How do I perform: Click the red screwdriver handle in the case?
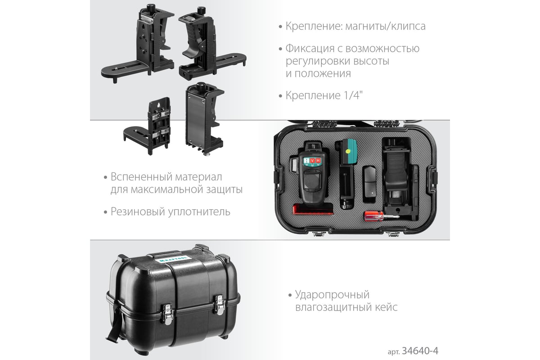(373, 216)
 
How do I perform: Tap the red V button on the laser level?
(312, 161)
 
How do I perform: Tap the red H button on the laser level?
(318, 160)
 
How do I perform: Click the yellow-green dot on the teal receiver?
(348, 152)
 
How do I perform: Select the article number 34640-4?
(420, 351)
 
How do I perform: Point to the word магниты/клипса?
(385, 26)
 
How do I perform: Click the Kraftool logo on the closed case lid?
(173, 259)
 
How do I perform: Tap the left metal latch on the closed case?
(167, 314)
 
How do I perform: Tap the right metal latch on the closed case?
(220, 305)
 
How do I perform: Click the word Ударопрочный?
(332, 295)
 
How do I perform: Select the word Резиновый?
(138, 211)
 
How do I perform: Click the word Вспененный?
(141, 177)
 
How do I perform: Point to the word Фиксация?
(310, 49)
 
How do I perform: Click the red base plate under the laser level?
(313, 209)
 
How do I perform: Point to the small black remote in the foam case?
(369, 183)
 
